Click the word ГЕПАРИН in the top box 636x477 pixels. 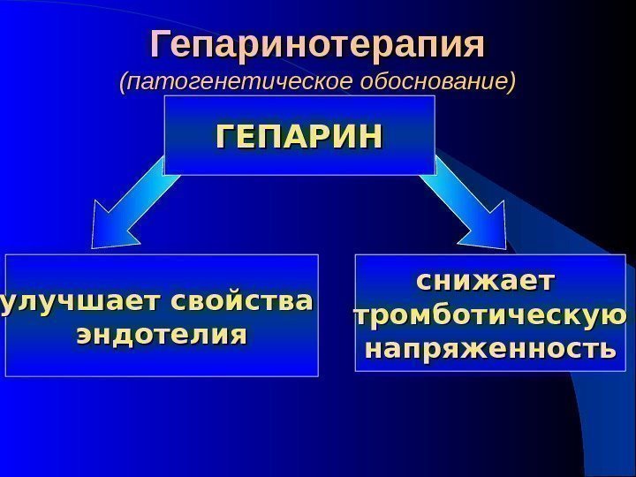click(x=299, y=137)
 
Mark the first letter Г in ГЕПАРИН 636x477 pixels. click(x=226, y=137)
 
